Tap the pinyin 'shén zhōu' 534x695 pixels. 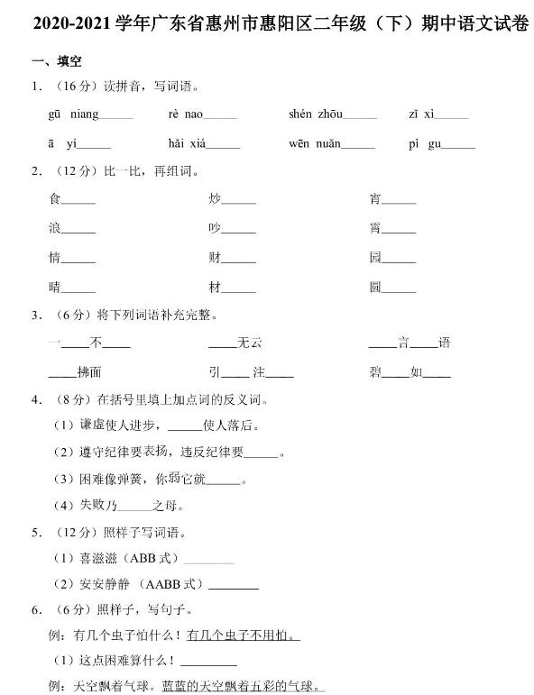(x=315, y=114)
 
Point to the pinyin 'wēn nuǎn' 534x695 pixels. (x=315, y=143)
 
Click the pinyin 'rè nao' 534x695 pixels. (x=186, y=114)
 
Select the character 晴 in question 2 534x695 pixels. (x=54, y=287)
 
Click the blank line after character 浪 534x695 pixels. (x=78, y=231)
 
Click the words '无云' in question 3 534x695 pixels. (x=249, y=343)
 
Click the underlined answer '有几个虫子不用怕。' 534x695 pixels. (x=243, y=636)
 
